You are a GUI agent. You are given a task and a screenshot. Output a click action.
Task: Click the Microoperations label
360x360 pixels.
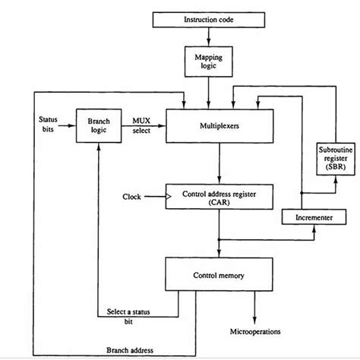255,332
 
